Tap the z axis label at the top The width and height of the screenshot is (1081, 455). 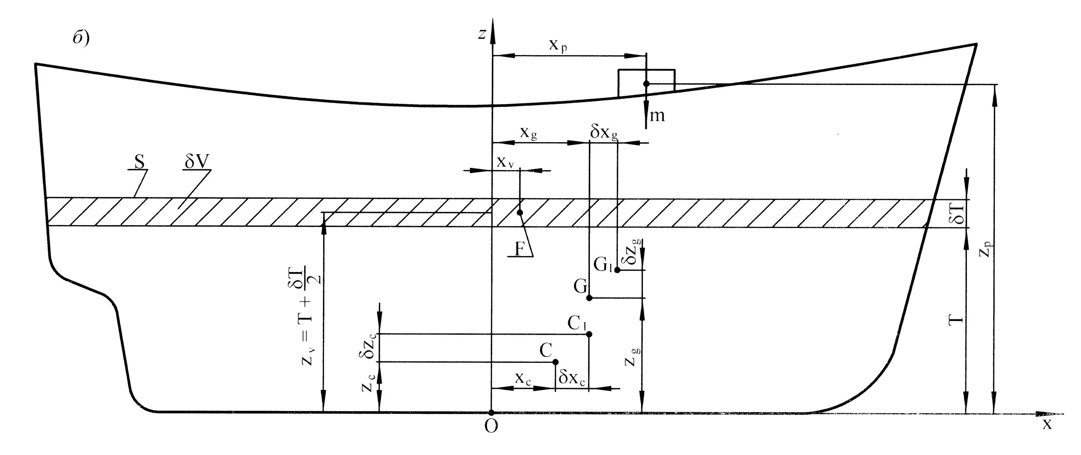482,34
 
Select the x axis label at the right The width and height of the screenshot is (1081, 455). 1047,425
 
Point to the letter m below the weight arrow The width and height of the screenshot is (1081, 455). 657,115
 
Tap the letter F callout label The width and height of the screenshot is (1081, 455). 520,250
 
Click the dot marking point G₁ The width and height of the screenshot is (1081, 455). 617,270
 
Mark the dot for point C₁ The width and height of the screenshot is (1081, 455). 589,334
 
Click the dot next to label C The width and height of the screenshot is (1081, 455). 556,362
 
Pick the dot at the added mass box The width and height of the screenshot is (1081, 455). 646,84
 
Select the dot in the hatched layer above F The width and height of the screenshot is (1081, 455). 520,213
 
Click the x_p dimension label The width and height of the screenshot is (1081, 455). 558,45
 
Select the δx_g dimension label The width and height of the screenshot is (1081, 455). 604,133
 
